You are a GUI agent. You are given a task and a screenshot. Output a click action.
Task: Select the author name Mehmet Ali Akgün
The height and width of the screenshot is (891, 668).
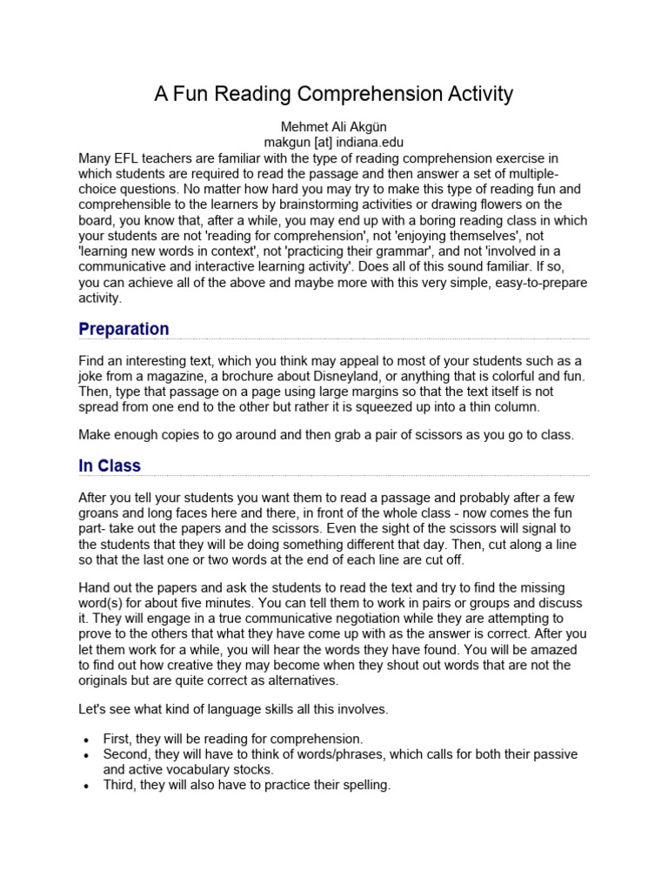point(333,126)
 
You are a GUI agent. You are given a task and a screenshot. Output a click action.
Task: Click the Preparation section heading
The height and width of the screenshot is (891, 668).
point(124,329)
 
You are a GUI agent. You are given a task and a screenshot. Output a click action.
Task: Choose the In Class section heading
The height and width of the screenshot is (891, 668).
point(110,466)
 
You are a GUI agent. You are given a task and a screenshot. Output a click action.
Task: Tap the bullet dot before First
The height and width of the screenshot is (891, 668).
point(85,740)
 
